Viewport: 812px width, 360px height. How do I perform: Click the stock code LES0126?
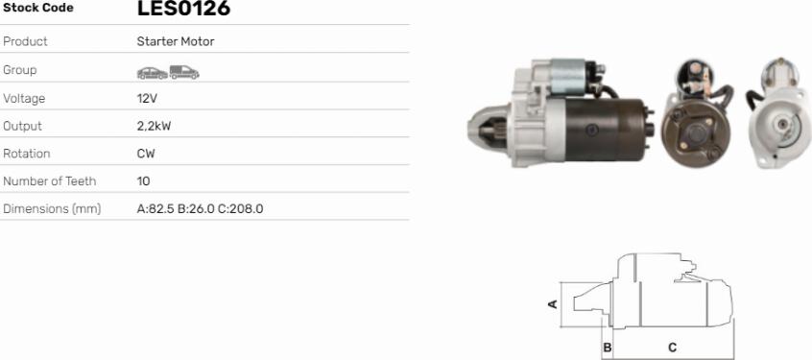coord(183,9)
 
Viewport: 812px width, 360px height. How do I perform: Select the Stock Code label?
coord(38,8)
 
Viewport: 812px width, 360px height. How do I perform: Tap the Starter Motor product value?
coord(176,41)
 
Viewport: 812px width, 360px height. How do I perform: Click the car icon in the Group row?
coord(153,73)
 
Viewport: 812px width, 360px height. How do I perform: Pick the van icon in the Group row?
coord(184,72)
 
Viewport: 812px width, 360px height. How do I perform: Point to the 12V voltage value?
coord(147,99)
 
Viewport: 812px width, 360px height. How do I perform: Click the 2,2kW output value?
coord(154,127)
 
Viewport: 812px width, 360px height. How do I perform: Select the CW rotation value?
coord(146,154)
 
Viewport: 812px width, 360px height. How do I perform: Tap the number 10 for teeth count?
coord(143,181)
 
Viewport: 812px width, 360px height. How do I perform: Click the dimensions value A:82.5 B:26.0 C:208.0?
coord(200,209)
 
